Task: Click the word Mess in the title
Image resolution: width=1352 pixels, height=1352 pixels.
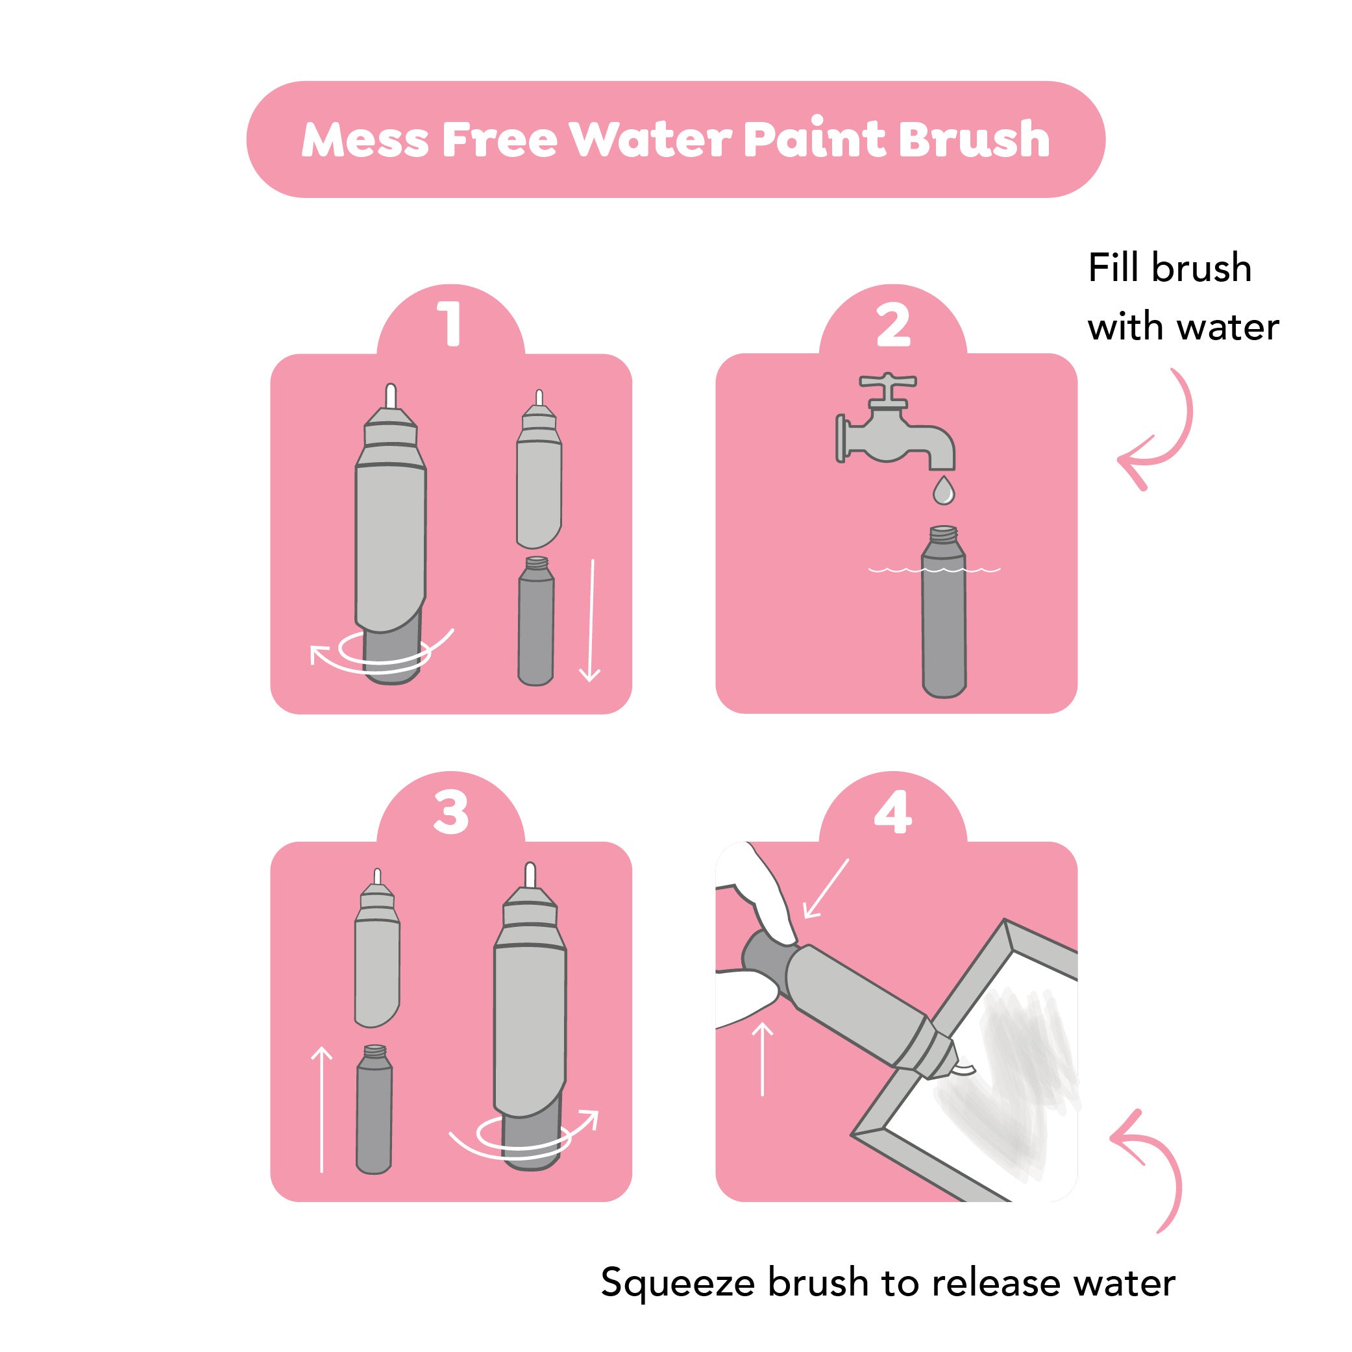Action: pyautogui.click(x=365, y=140)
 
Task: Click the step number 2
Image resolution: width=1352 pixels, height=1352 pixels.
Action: pyautogui.click(x=894, y=325)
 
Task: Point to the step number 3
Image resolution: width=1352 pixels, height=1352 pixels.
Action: pyautogui.click(x=450, y=812)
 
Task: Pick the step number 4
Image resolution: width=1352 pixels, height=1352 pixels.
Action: pyautogui.click(x=893, y=812)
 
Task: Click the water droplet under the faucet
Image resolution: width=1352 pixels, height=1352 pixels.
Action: pyautogui.click(x=944, y=491)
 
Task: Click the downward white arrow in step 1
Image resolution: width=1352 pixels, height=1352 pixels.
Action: pyautogui.click(x=591, y=620)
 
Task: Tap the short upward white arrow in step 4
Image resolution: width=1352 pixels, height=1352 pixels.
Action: pyautogui.click(x=762, y=1058)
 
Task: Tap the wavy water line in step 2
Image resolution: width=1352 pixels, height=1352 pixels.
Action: pyautogui.click(x=934, y=570)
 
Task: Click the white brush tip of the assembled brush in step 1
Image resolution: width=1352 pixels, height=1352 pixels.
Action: pyautogui.click(x=391, y=396)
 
